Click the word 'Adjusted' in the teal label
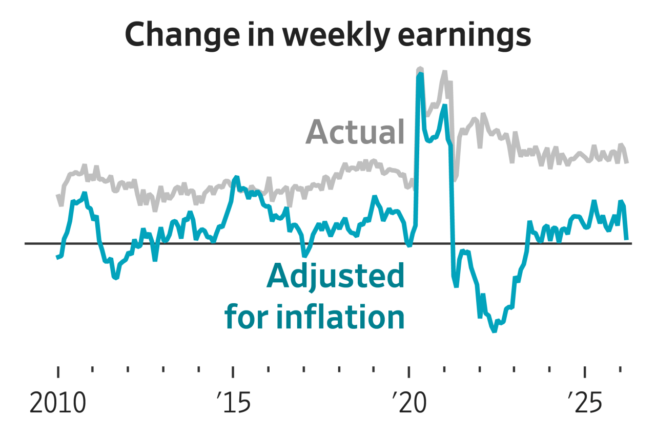click(x=335, y=277)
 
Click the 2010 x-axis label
click(x=57, y=404)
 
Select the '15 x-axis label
click(x=234, y=404)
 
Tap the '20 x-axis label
click(x=409, y=404)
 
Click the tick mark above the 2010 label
click(x=58, y=372)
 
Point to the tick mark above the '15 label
click(x=234, y=372)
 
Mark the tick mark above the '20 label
click(x=409, y=372)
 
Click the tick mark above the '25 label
click(x=585, y=372)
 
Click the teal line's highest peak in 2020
click(x=421, y=74)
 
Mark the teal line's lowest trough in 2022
click(x=494, y=331)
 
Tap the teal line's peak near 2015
click(x=236, y=177)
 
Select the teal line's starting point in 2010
click(x=57, y=257)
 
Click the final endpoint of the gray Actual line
click(x=627, y=162)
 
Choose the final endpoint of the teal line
click(x=626, y=239)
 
